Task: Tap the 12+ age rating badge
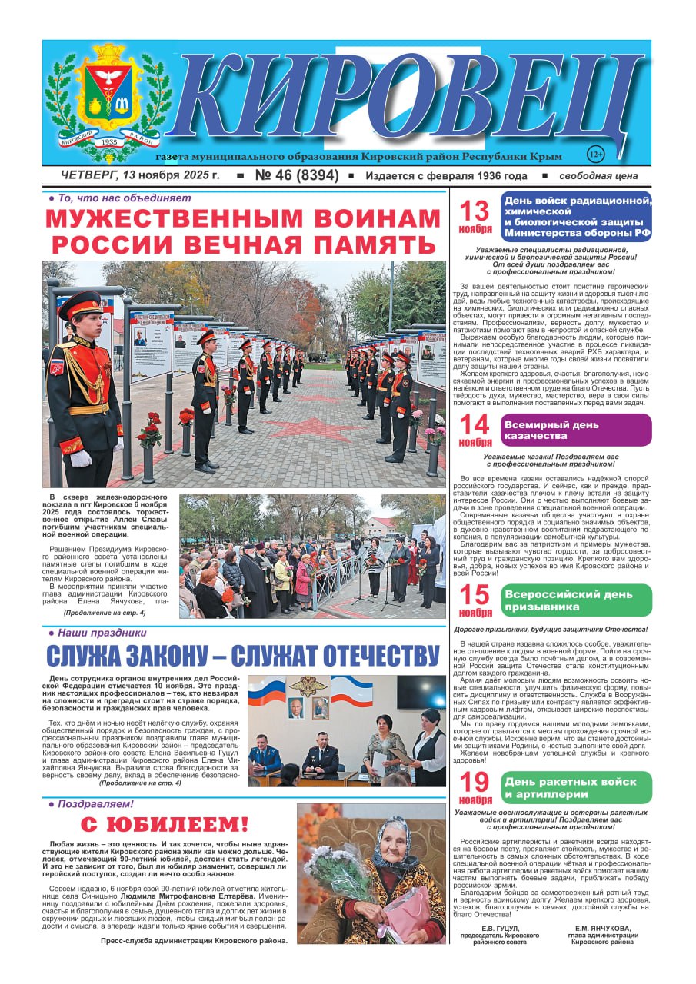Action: pyautogui.click(x=595, y=154)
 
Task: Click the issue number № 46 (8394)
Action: pyautogui.click(x=296, y=176)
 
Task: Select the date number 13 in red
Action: pyautogui.click(x=475, y=211)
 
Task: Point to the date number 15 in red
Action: pyautogui.click(x=475, y=595)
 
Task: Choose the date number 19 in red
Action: pyautogui.click(x=475, y=783)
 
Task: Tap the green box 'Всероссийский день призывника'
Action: pyautogui.click(x=575, y=600)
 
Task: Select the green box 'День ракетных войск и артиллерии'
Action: pyautogui.click(x=575, y=787)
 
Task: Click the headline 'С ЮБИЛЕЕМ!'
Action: pyautogui.click(x=165, y=826)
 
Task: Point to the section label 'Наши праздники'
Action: pyautogui.click(x=97, y=633)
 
